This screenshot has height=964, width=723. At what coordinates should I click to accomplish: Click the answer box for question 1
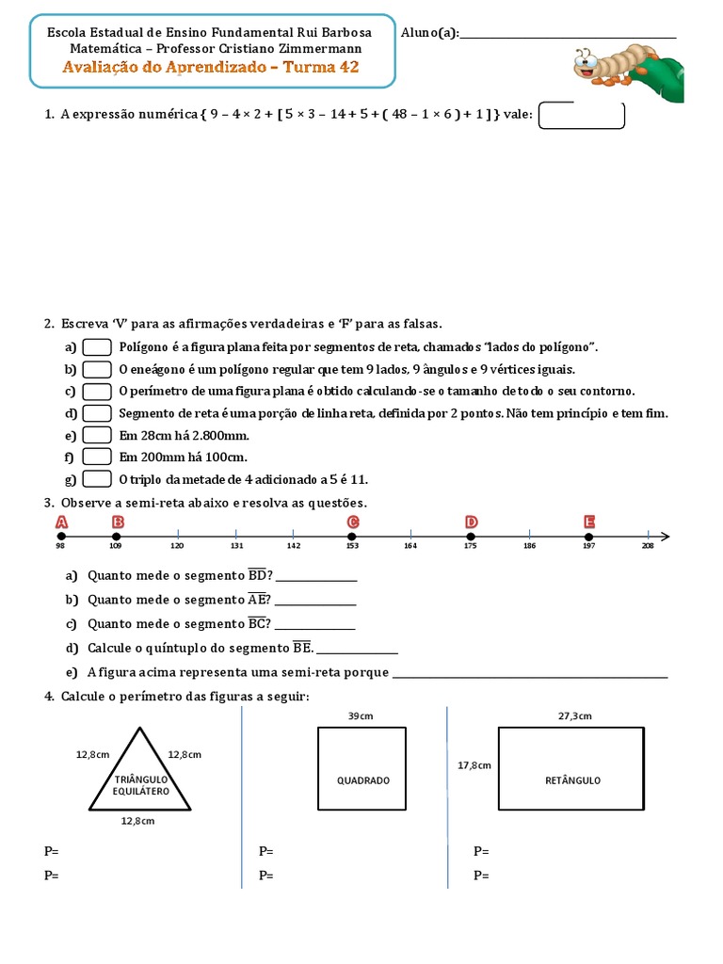pos(581,115)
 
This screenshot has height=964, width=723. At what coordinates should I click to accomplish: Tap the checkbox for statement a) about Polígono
pos(97,347)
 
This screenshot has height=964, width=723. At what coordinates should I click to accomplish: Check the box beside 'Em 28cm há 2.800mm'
pos(97,435)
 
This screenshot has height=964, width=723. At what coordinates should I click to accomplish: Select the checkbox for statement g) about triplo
pos(97,478)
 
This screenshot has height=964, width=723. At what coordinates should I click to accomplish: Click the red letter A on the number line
pos(62,522)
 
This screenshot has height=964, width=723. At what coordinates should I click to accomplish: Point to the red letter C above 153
pos(353,522)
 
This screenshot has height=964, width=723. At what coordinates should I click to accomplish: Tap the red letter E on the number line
pos(589,522)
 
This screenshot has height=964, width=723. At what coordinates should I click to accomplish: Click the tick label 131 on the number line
pos(237,547)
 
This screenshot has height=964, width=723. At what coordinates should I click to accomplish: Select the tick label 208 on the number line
pos(648,547)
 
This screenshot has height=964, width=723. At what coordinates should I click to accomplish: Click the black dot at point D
pos(471,537)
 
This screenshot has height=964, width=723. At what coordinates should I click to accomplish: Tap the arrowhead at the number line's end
pos(665,537)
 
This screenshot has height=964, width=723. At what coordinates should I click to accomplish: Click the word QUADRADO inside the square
pos(363,780)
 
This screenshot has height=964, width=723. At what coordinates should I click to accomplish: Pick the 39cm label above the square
pos(361,716)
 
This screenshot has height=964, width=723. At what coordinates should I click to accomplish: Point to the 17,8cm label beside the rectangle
pos(474,765)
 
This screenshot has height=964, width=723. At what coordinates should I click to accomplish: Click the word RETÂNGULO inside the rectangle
pos(572,780)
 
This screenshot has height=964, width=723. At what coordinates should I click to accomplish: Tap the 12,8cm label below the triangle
pos(137,821)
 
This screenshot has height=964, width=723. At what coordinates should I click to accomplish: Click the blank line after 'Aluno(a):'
pos(569,35)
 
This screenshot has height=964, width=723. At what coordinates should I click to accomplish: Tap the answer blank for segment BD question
pos(316,577)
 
